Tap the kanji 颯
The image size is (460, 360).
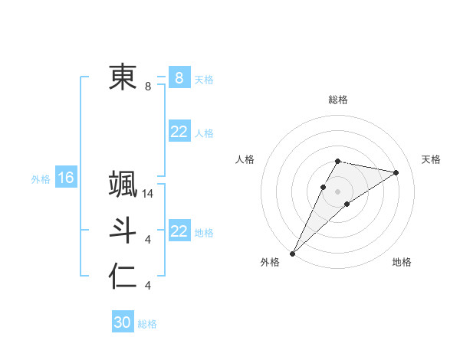[123, 185]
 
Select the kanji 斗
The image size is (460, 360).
[123, 231]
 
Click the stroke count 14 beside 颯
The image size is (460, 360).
[149, 194]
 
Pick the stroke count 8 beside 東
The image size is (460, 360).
[148, 87]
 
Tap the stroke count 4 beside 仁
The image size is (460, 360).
[148, 286]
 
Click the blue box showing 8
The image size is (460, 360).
[179, 78]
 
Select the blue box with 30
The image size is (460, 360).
[123, 322]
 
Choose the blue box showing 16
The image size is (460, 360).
[66, 178]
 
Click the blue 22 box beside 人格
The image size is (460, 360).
[179, 133]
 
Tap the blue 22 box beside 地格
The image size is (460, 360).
[179, 231]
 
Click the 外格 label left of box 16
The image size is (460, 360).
[41, 179]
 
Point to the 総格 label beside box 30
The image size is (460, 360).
[147, 324]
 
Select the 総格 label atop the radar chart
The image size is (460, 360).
[338, 100]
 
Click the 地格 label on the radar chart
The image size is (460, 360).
[402, 262]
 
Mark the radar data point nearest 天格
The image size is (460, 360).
[396, 172]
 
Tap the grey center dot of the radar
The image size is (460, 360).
[338, 191]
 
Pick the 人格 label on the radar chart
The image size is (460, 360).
[245, 159]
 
